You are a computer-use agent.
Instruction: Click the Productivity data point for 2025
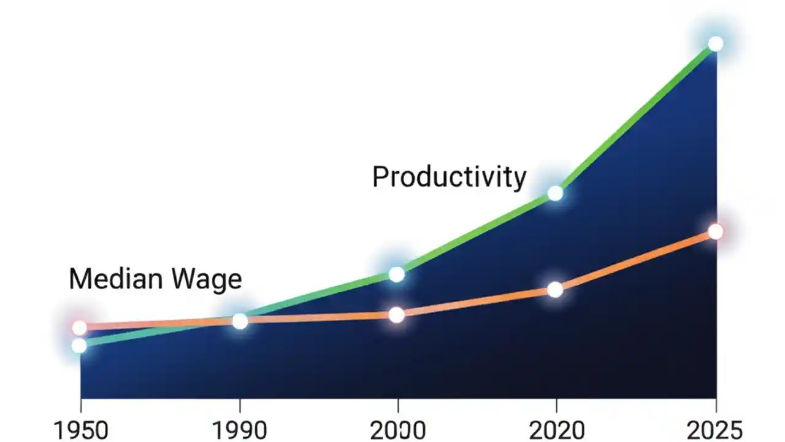(715, 44)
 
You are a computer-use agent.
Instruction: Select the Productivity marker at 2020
(555, 193)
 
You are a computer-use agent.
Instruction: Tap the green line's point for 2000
(397, 274)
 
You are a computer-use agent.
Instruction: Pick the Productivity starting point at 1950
(79, 346)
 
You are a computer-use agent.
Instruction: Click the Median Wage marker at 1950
(79, 328)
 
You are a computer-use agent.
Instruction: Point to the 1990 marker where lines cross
(240, 321)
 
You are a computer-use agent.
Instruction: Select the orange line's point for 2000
(397, 315)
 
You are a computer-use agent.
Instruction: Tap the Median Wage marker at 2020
(555, 290)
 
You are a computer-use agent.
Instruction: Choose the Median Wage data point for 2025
(715, 231)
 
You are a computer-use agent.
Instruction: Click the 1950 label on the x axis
(80, 430)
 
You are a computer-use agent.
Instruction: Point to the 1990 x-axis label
(239, 430)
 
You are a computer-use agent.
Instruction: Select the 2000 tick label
(398, 430)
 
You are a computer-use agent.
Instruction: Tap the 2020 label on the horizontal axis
(556, 430)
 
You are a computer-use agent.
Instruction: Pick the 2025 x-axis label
(714, 430)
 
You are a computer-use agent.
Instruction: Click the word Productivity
(449, 178)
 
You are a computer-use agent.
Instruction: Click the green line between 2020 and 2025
(635, 119)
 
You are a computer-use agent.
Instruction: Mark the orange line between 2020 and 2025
(635, 261)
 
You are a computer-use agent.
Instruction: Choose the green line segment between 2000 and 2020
(476, 234)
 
